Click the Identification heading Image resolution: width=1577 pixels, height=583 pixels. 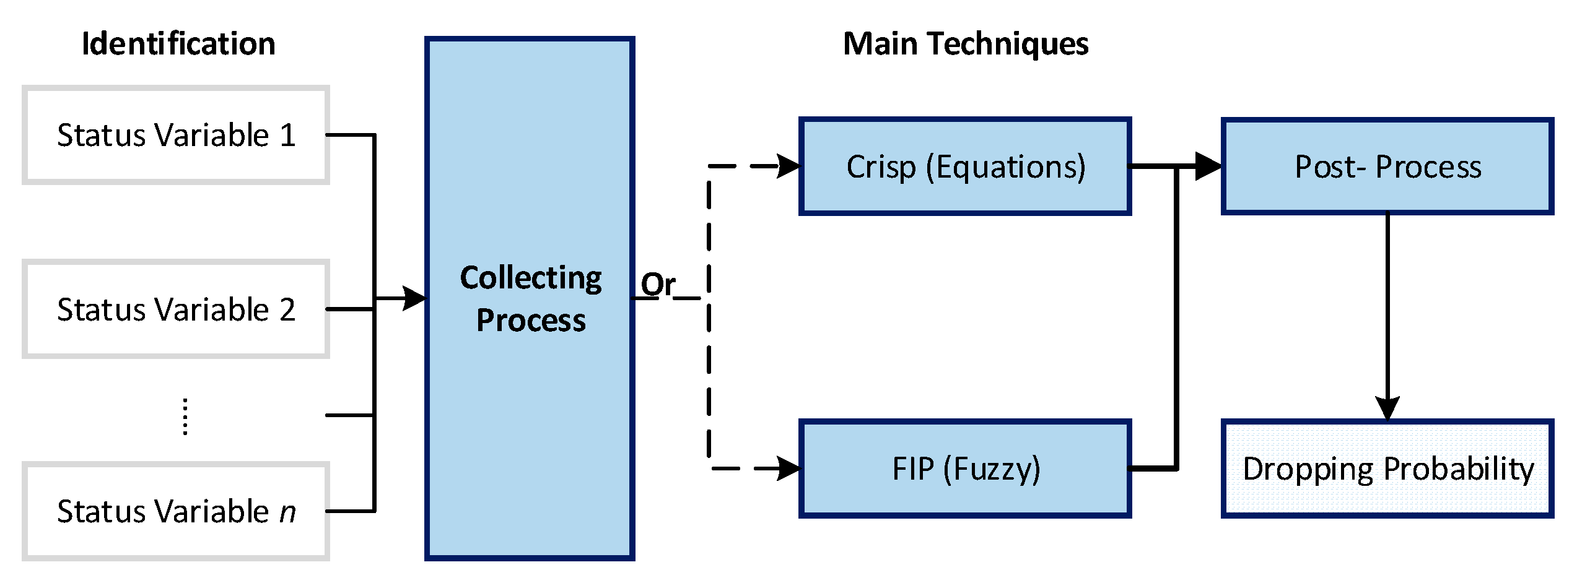tap(178, 44)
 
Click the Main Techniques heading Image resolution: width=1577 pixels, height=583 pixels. tap(965, 44)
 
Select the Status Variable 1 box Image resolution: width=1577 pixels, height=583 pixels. tap(176, 135)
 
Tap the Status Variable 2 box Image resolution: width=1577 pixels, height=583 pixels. tap(176, 309)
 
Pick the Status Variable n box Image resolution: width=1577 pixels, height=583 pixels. tap(176, 511)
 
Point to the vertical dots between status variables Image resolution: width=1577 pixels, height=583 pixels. tap(185, 417)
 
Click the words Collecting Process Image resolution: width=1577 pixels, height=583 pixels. tap(530, 298)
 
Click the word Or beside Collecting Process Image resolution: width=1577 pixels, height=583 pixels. tap(658, 284)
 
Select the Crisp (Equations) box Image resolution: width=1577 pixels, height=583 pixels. tap(965, 166)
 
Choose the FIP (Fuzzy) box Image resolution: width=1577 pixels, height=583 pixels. tap(965, 469)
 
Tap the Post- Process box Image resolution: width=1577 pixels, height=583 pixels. tap(1387, 166)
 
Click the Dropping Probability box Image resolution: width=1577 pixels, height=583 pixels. tap(1387, 469)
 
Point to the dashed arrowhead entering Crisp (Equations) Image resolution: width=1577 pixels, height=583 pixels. tap(789, 166)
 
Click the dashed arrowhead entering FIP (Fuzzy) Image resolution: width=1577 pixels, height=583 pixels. tap(789, 469)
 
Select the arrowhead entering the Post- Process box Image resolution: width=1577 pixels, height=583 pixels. tap(1208, 166)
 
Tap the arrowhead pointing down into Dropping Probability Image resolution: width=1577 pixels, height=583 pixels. tap(1387, 408)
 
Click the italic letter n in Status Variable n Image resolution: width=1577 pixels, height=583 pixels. tap(287, 512)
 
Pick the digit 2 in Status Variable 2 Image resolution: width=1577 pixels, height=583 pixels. tap(287, 309)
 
